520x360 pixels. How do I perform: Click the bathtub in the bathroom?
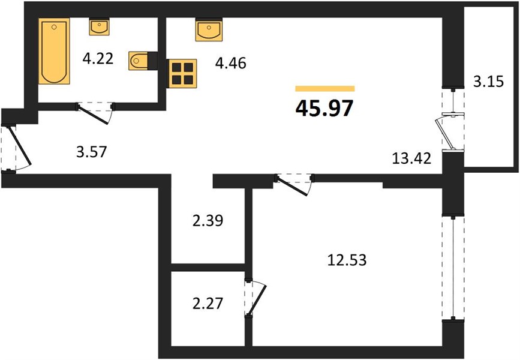tap(54, 51)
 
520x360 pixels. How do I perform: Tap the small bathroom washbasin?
tap(99, 26)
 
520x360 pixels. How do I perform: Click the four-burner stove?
tap(182, 73)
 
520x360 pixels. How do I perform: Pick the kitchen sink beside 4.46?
tap(209, 30)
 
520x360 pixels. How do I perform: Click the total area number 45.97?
tap(324, 108)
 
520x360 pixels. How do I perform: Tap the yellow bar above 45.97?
tap(325, 88)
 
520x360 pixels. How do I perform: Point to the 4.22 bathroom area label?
tap(98, 59)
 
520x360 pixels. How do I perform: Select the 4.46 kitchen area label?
tap(230, 63)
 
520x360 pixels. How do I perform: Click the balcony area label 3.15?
tap(488, 81)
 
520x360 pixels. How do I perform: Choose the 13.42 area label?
tap(411, 158)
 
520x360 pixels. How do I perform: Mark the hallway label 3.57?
tap(92, 152)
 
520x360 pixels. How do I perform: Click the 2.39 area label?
tap(208, 221)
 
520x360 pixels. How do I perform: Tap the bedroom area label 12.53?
tap(347, 260)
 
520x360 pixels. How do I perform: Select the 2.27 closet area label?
tap(208, 304)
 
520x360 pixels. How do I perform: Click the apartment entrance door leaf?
tap(19, 145)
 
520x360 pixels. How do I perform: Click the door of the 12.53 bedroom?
tap(293, 187)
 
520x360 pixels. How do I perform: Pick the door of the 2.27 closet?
tap(257, 299)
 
